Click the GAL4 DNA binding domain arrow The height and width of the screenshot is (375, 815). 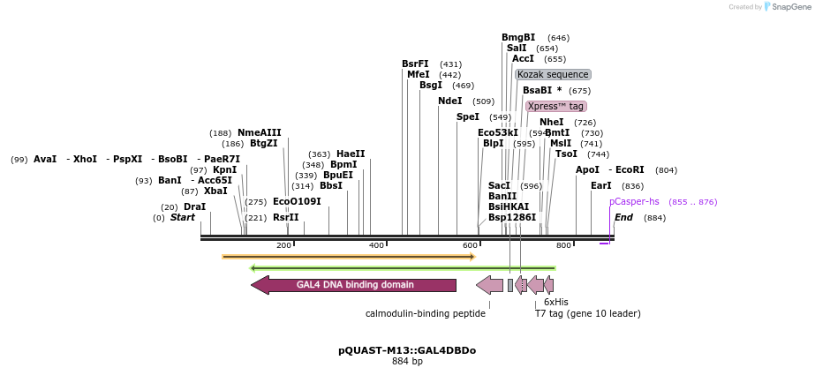tap(353, 285)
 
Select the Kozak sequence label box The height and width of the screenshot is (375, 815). tap(553, 75)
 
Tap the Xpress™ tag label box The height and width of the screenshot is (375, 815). tap(555, 106)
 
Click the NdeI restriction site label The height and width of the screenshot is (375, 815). tap(449, 101)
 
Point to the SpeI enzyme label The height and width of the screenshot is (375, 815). tap(467, 116)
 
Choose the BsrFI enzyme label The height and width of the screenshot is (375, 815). tap(415, 64)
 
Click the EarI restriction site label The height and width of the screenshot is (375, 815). tap(600, 185)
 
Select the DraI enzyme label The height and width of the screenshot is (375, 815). tap(194, 206)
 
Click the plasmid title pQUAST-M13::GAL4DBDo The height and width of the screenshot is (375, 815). tap(407, 350)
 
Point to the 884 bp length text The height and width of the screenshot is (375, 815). tap(407, 362)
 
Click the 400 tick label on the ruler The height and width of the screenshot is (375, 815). tap(376, 245)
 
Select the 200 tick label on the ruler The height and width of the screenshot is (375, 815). tap(283, 245)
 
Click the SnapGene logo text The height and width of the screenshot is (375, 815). tap(791, 7)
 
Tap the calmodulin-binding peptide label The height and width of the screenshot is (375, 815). tap(426, 312)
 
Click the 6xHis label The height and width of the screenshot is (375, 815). tap(556, 302)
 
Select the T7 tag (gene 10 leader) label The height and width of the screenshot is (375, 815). tap(588, 312)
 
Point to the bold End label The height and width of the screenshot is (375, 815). tap(623, 217)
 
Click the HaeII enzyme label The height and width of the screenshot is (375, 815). tap(351, 154)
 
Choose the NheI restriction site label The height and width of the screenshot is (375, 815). tap(551, 122)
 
